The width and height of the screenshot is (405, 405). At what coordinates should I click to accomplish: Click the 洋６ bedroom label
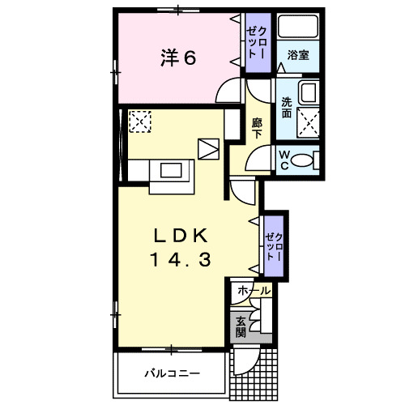(177, 58)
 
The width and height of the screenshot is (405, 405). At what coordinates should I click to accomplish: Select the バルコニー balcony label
(172, 373)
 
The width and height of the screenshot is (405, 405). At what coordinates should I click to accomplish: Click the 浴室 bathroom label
(297, 57)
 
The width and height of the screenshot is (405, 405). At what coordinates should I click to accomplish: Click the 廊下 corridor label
(257, 128)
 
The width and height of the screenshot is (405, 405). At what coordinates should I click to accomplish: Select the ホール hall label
(253, 289)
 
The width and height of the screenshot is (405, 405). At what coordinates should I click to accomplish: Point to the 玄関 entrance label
(241, 327)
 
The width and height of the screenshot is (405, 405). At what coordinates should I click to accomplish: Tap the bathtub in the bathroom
(296, 27)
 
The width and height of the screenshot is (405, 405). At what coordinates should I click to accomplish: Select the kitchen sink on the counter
(172, 170)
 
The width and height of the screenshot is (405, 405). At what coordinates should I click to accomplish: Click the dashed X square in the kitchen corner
(139, 122)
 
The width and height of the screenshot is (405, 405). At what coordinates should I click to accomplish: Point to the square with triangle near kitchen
(209, 149)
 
